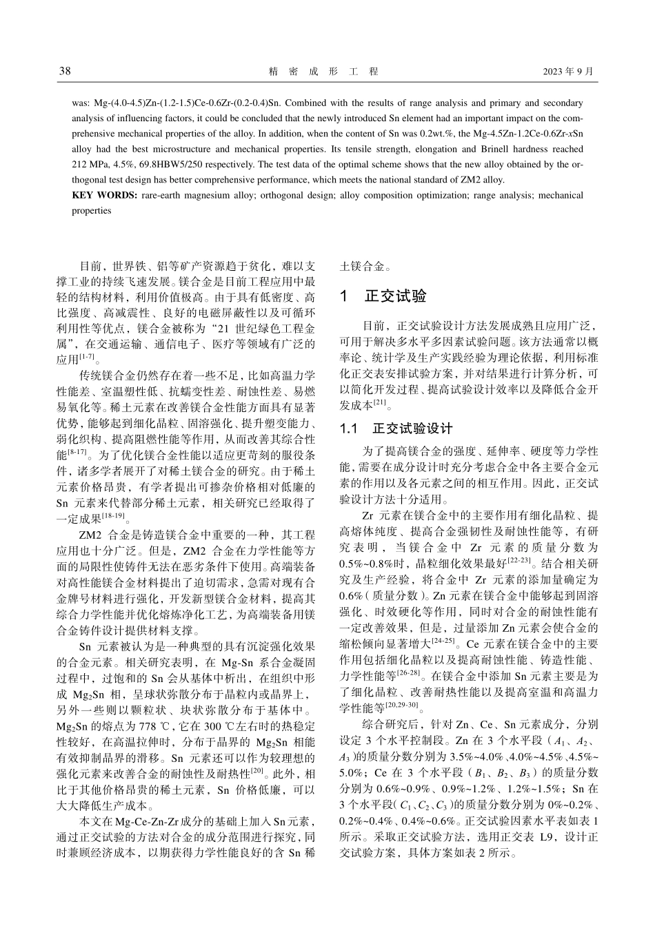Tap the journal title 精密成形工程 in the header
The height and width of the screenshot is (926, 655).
[x=323, y=72]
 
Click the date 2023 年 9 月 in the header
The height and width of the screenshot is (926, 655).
[x=567, y=72]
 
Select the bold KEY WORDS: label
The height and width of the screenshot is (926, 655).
[x=105, y=195]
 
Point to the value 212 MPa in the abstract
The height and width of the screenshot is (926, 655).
[x=88, y=164]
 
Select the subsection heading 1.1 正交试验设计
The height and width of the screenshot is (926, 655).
[x=396, y=429]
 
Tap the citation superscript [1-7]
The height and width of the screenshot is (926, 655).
[x=87, y=356]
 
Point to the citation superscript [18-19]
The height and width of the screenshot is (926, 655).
[x=113, y=516]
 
